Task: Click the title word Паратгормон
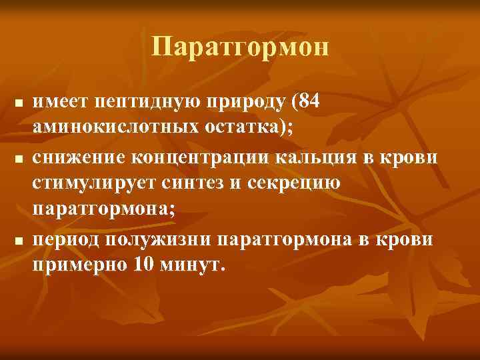click(x=240, y=47)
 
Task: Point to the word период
click(x=67, y=239)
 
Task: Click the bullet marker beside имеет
click(x=19, y=103)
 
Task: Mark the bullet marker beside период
click(x=19, y=240)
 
